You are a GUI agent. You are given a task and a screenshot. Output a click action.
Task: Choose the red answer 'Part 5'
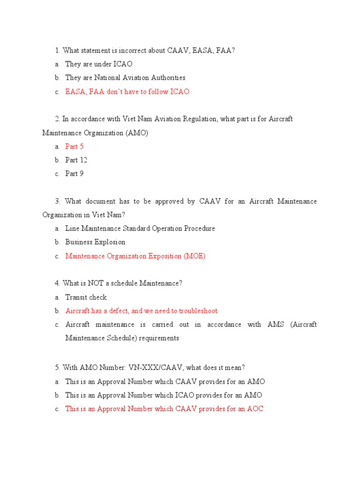click(x=74, y=147)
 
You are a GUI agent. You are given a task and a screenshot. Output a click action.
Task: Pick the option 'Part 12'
click(x=76, y=160)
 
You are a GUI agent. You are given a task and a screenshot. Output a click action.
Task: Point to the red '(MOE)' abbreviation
click(x=194, y=256)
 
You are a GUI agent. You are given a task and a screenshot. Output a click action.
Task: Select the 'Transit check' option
click(x=86, y=297)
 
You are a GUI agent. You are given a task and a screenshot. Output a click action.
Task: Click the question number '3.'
click(x=58, y=202)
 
